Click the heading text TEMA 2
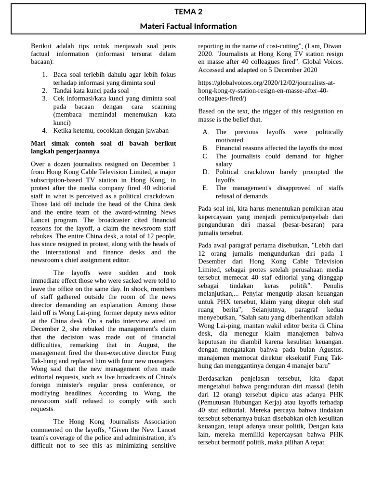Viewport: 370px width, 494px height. (x=188, y=12)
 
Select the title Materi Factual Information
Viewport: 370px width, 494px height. (x=188, y=26)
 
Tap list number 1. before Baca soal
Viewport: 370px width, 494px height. (x=44, y=74)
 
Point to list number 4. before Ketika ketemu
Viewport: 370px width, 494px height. (x=44, y=130)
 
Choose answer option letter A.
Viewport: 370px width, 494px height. (x=206, y=132)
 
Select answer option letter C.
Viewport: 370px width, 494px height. (x=206, y=156)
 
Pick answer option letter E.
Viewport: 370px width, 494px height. (x=206, y=188)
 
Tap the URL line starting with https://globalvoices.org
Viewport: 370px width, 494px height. (x=266, y=82)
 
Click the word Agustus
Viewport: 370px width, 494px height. (x=326, y=349)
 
